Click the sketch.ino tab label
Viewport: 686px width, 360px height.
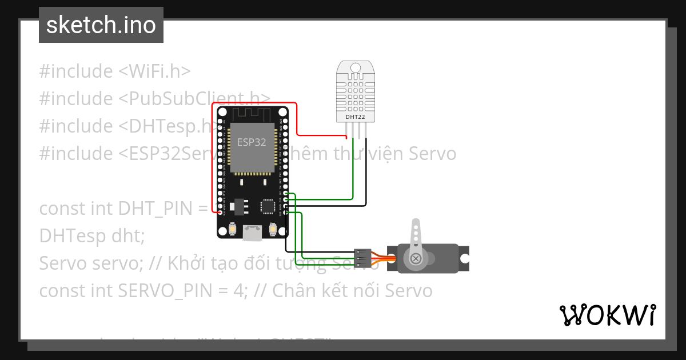click(x=101, y=25)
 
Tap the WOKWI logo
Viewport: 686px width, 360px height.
click(x=607, y=315)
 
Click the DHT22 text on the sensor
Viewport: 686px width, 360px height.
click(x=355, y=117)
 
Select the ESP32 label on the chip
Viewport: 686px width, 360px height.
click(x=252, y=143)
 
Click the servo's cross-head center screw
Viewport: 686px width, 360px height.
click(x=416, y=259)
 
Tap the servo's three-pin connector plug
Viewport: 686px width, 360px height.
click(x=362, y=258)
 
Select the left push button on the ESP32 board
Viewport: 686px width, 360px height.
click(x=233, y=229)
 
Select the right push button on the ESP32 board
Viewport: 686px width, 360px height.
click(x=272, y=229)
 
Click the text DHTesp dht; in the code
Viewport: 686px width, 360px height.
click(x=91, y=235)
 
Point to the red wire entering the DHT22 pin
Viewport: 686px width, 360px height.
click(x=346, y=137)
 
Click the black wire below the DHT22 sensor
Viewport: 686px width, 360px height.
click(x=365, y=171)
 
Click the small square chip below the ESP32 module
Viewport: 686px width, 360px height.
click(x=268, y=206)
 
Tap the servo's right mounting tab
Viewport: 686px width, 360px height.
click(x=464, y=258)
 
